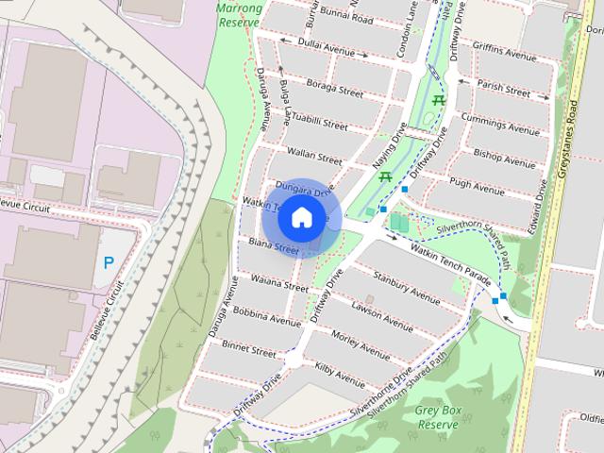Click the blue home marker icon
pos(301,217)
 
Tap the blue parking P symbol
pos(109,262)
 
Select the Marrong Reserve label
pos(238,15)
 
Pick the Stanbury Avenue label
pos(407,289)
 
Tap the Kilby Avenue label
pos(340,375)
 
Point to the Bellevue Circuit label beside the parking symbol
pos(115,309)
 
